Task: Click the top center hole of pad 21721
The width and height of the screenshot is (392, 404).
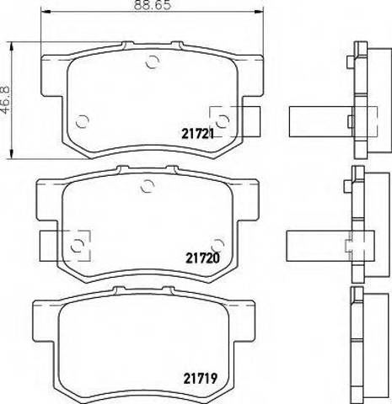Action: pyautogui.click(x=152, y=61)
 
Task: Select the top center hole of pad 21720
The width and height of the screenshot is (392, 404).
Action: pyautogui.click(x=148, y=189)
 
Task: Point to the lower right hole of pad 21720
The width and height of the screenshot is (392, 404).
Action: pyautogui.click(x=217, y=243)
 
